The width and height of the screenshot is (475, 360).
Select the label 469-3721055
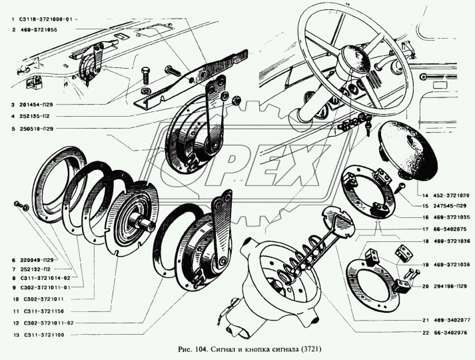[x=39, y=30]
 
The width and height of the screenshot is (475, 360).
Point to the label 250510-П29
[x=37, y=129]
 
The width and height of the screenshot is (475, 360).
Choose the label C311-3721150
[x=43, y=311]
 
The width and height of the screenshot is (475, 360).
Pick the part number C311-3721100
[x=43, y=335]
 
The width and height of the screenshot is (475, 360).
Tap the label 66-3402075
[x=446, y=229]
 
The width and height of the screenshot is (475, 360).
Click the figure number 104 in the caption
[x=201, y=349]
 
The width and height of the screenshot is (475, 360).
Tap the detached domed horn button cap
[x=408, y=151]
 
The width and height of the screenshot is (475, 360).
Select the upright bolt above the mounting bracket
[x=145, y=75]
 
